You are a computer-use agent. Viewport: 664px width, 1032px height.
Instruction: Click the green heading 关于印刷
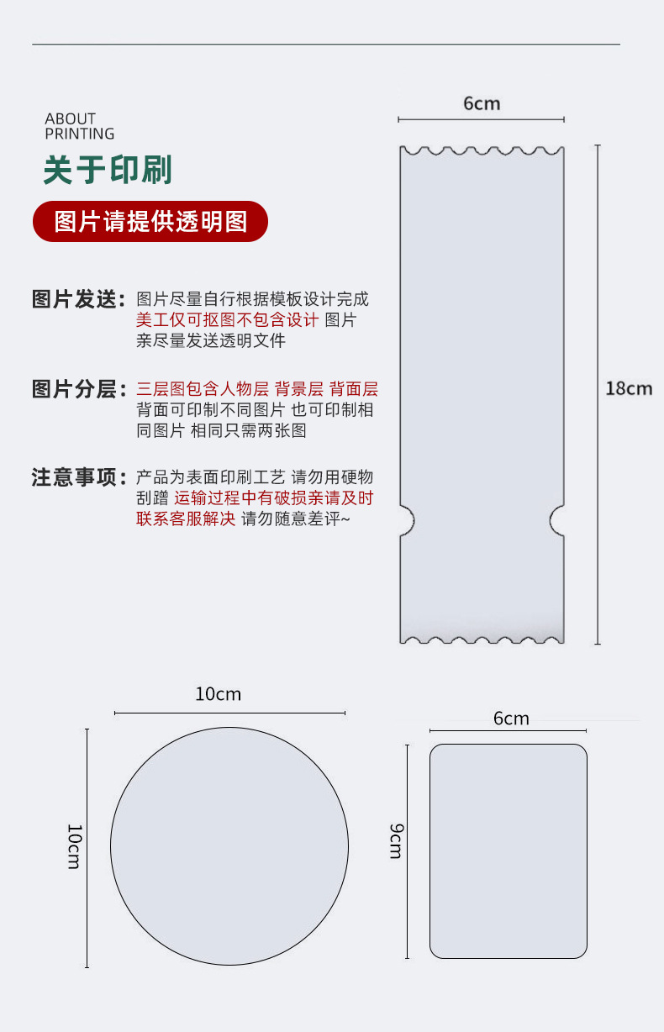point(108,170)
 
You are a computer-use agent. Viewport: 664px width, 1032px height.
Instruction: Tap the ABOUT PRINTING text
point(79,126)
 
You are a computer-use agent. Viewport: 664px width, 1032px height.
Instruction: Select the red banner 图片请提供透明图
point(150,222)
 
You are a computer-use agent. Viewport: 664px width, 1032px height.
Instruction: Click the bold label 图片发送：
point(78,299)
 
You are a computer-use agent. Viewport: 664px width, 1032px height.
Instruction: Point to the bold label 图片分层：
point(78,389)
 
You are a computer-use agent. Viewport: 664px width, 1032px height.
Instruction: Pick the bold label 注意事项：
point(78,477)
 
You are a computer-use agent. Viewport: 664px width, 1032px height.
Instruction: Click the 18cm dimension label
point(629,388)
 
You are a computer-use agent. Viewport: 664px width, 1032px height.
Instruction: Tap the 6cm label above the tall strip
point(482,103)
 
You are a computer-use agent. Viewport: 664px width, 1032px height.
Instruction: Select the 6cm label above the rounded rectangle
point(511,719)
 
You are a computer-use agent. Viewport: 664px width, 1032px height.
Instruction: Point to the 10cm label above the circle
point(218,694)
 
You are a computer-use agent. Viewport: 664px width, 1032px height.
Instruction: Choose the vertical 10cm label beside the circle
point(75,846)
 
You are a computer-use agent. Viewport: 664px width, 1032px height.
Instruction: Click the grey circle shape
point(229,845)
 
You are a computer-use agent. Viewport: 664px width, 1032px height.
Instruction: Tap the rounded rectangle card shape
point(509,850)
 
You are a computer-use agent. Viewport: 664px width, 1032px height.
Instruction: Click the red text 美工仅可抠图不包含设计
point(228,320)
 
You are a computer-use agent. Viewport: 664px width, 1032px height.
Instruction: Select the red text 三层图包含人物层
point(203,389)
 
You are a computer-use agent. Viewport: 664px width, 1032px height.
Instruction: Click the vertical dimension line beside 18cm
point(598,395)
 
